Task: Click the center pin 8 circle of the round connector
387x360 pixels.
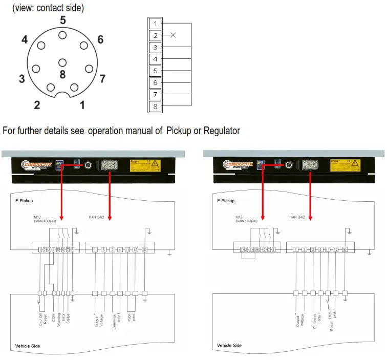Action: click(62, 62)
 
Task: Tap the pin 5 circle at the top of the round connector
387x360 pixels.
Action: click(62, 35)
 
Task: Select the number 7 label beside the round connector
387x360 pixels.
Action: click(102, 79)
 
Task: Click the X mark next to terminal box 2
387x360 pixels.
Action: click(173, 35)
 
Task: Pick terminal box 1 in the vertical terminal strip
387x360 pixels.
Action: click(155, 24)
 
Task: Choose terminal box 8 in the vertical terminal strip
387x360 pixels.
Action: click(155, 107)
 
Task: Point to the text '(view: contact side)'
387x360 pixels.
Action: click(48, 8)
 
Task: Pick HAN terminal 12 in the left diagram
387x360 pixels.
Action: click(135, 249)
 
